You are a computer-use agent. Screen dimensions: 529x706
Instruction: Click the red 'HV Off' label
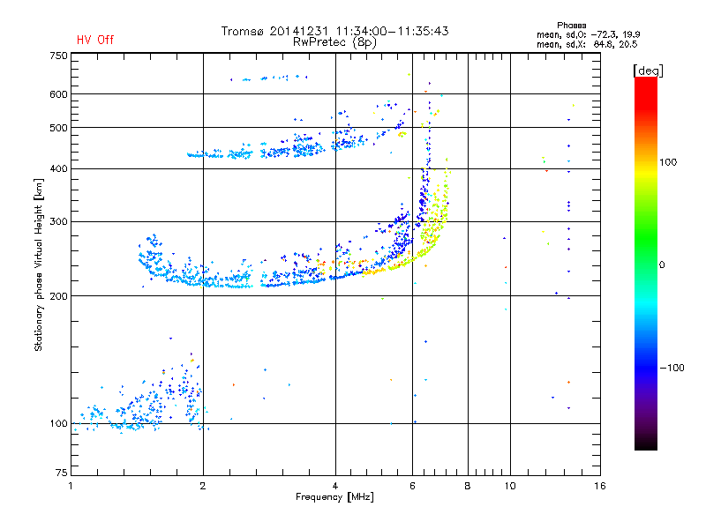click(x=94, y=40)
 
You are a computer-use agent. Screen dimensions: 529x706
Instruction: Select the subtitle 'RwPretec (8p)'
click(x=335, y=41)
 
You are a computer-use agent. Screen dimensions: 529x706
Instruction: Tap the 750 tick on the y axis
click(x=59, y=56)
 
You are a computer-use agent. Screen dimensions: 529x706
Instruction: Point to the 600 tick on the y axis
click(x=59, y=93)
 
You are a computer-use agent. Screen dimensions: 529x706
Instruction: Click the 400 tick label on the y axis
click(x=59, y=168)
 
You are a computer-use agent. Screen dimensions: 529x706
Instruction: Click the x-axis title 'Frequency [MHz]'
click(x=335, y=497)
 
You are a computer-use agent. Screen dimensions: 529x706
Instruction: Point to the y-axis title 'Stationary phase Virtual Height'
click(x=39, y=264)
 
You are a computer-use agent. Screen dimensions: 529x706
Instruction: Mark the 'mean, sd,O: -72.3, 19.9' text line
click(x=586, y=34)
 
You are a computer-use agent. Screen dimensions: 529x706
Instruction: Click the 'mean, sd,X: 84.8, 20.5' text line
click(x=586, y=43)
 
